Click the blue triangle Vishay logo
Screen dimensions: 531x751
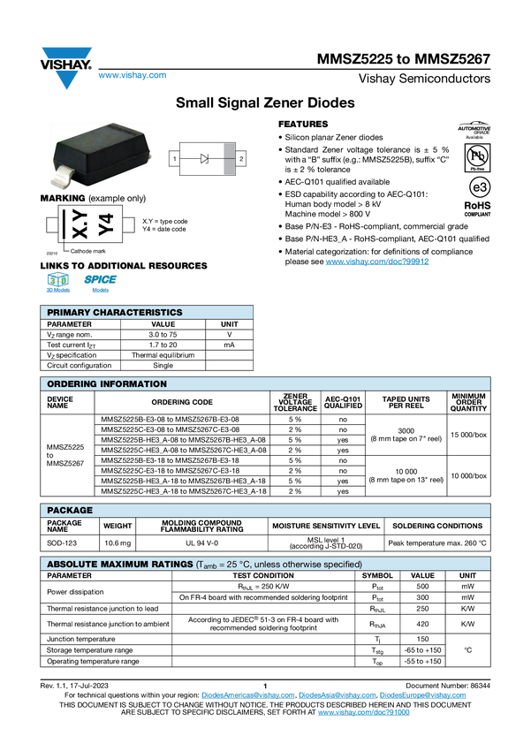click(x=64, y=79)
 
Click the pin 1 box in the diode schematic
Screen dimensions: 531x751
click(x=174, y=158)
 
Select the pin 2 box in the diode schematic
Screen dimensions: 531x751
click(x=239, y=158)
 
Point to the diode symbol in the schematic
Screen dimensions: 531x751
click(x=205, y=158)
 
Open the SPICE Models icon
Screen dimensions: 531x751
click(x=100, y=284)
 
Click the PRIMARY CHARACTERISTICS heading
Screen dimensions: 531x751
click(x=114, y=312)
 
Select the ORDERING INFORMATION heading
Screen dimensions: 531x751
click(x=106, y=384)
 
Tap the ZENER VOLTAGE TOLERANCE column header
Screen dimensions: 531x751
click(x=295, y=403)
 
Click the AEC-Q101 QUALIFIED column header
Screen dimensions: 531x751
click(x=343, y=403)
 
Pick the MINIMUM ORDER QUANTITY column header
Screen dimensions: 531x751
click(x=468, y=403)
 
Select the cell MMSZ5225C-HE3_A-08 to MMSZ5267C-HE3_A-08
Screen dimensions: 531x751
click(x=183, y=451)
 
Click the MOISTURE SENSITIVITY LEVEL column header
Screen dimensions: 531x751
click(x=326, y=526)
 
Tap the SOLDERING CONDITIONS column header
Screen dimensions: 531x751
click(x=437, y=526)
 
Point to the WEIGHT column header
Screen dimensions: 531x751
click(x=118, y=526)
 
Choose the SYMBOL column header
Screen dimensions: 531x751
click(x=377, y=575)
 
